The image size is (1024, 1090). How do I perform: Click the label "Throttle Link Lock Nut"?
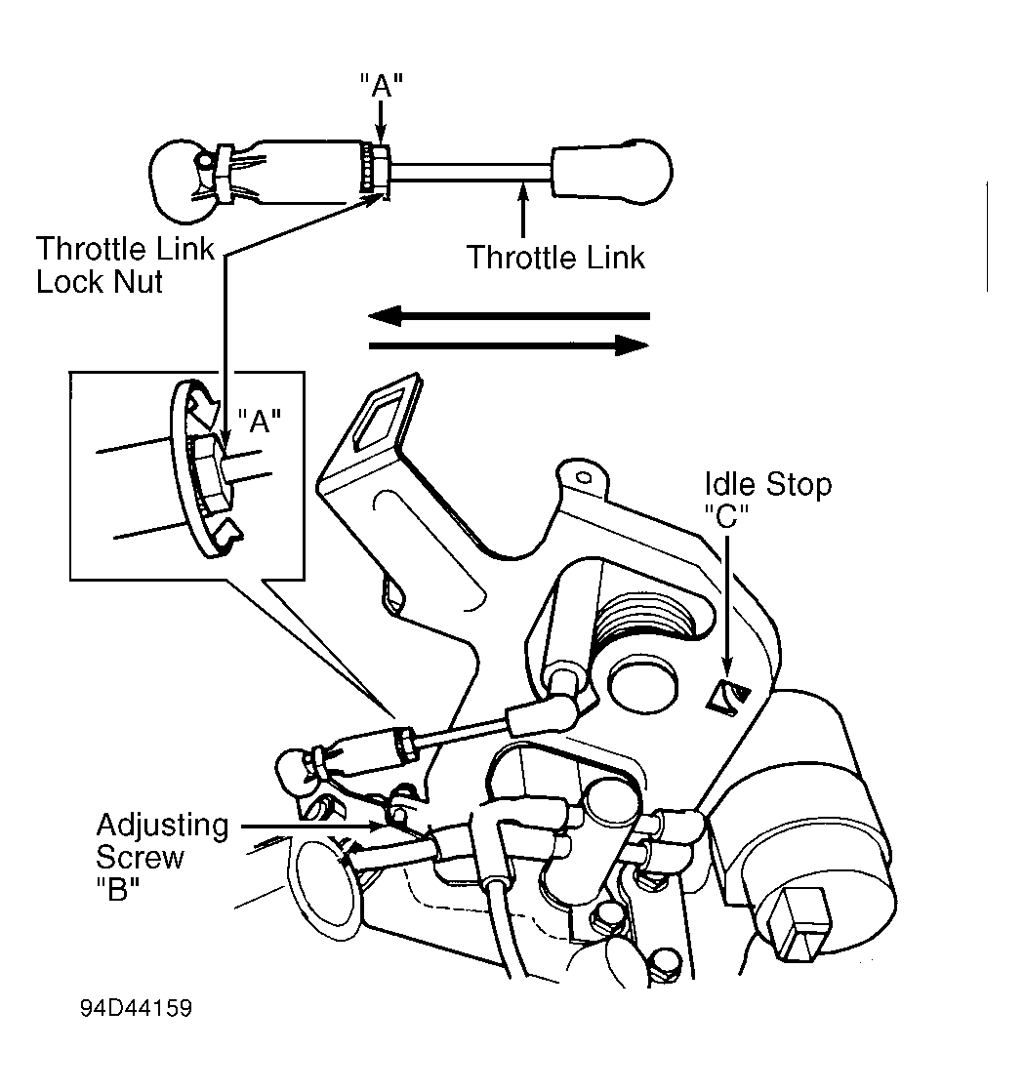tap(124, 266)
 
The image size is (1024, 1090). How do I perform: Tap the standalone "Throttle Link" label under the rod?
tap(555, 258)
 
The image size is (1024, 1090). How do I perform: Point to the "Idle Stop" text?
tap(768, 484)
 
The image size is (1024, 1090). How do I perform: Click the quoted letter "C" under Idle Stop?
tap(725, 514)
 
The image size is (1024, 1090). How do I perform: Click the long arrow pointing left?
tap(508, 316)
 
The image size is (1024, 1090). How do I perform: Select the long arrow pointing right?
tap(508, 344)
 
